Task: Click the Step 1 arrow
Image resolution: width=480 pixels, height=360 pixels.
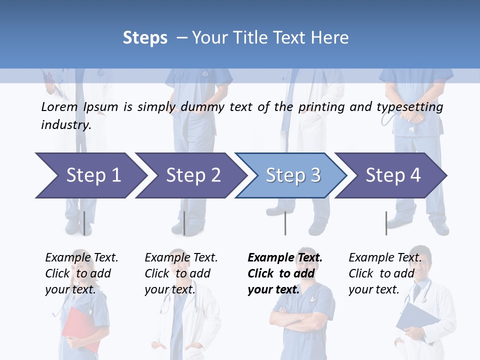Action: pyautogui.click(x=90, y=175)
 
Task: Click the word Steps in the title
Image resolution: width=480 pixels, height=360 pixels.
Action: pyautogui.click(x=145, y=37)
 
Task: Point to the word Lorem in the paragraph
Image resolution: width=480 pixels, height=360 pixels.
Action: pyautogui.click(x=59, y=106)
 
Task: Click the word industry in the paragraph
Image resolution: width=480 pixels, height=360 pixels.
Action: pyautogui.click(x=65, y=124)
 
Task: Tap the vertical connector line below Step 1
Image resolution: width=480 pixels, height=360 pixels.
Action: pyautogui.click(x=84, y=223)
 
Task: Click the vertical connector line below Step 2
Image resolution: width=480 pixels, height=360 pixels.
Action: pyautogui.click(x=184, y=223)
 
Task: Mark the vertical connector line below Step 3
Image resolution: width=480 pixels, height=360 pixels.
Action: pyautogui.click(x=285, y=223)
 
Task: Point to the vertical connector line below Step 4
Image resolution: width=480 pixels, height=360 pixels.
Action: pyautogui.click(x=386, y=223)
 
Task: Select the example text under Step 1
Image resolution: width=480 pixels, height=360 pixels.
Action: pyautogui.click(x=81, y=273)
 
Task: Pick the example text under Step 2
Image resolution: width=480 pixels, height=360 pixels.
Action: pyautogui.click(x=181, y=273)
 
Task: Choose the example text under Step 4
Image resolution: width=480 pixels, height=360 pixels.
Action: pyautogui.click(x=385, y=273)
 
